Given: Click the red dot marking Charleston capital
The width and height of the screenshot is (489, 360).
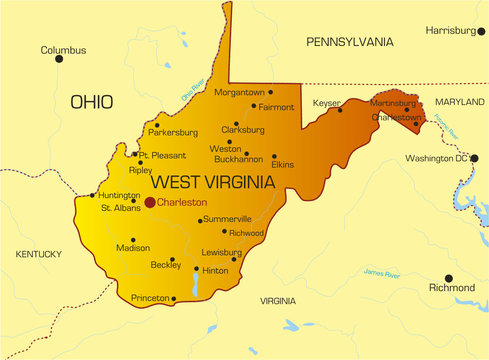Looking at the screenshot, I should pos(150,202).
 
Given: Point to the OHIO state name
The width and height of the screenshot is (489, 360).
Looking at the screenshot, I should pos(91,101).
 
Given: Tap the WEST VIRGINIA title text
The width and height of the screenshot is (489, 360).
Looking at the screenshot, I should pos(211,182).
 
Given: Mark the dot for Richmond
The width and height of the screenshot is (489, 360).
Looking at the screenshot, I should pos(448,277).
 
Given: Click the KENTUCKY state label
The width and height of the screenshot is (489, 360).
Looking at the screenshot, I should pos(39,255).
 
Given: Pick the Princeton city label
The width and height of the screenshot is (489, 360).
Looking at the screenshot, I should pos(151,298).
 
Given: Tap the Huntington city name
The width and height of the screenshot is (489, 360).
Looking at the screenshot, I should pos(120,195).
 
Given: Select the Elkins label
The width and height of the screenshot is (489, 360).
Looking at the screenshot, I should pos(283,164).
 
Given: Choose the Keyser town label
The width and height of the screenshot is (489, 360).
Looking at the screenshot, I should pos(326,103).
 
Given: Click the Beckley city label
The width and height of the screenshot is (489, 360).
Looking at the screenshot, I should pos(166,265).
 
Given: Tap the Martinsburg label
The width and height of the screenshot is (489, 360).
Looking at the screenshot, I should pos(393,103).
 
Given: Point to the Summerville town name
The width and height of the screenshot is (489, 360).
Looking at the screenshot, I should pos(227,219).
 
